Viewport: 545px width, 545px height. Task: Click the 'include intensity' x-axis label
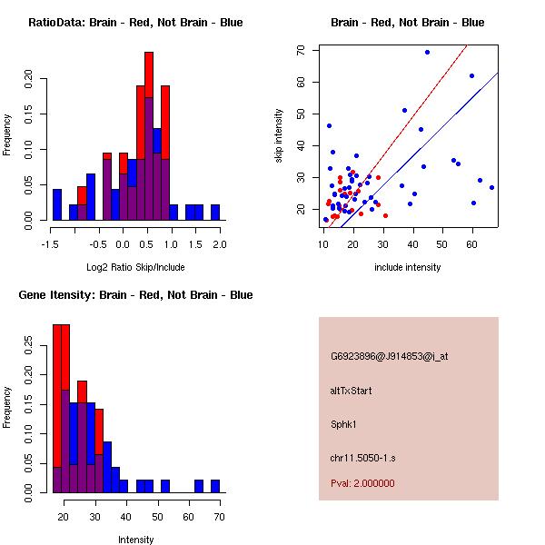(408, 267)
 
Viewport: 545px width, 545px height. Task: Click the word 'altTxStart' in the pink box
(352, 391)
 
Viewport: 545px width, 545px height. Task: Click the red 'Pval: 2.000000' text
(362, 483)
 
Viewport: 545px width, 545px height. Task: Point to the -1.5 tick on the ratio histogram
(53, 244)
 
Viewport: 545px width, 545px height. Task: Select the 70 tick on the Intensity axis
(218, 517)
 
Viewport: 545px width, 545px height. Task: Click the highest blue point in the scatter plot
(427, 52)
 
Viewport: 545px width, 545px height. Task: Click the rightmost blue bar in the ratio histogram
(215, 212)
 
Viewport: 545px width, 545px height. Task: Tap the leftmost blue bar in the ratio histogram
(56, 204)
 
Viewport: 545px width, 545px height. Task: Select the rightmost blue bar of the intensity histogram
(215, 486)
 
